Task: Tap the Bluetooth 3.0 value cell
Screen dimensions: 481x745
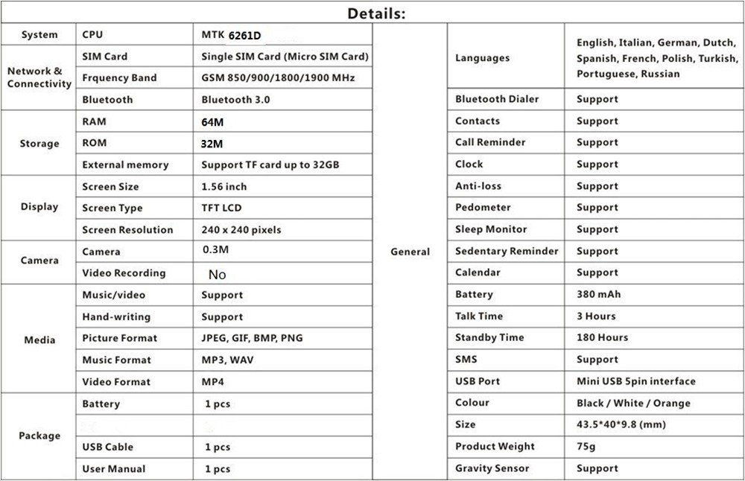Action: pos(235,100)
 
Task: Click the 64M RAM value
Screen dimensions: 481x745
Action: pos(212,122)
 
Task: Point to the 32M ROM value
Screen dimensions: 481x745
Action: pos(212,144)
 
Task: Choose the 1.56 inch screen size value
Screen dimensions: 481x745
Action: pos(223,186)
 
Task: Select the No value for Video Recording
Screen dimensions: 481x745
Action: pos(217,275)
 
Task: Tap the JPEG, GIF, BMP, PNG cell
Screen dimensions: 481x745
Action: pos(252,338)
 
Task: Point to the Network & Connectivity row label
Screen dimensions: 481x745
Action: pos(39,77)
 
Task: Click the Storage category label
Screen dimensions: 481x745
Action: pos(39,144)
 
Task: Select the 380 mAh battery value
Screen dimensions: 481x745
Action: pos(598,294)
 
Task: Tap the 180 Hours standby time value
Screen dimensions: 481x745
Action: pos(602,337)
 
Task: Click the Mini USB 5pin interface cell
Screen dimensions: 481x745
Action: pos(635,381)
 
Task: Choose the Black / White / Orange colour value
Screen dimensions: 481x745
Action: pos(633,403)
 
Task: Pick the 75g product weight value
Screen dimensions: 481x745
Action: pos(587,446)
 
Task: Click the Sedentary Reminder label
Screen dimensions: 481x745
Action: pos(507,251)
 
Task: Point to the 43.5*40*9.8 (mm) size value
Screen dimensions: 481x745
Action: pos(621,424)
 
